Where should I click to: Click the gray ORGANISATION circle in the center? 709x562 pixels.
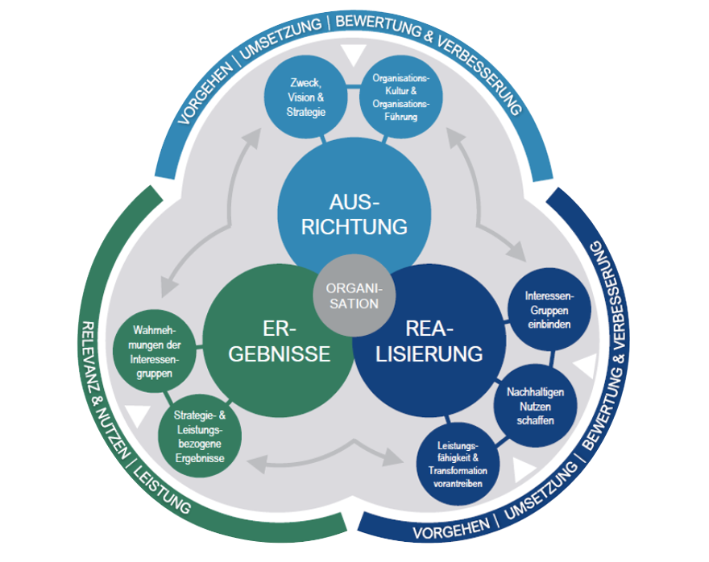coord(354,295)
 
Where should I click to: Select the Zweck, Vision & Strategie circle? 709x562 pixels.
coord(305,97)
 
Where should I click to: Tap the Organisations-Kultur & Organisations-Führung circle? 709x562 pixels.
coord(400,97)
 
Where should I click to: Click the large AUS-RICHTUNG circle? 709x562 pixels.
coord(354,213)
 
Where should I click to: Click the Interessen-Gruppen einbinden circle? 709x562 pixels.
coord(549,309)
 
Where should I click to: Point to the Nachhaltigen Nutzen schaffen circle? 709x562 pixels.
coord(535,406)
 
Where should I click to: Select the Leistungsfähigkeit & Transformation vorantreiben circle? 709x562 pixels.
coord(458,464)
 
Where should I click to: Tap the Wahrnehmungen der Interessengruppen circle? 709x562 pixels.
coord(154,352)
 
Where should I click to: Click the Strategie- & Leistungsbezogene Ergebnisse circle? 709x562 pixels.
coord(200,436)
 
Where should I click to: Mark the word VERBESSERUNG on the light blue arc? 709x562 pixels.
coord(481,73)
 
